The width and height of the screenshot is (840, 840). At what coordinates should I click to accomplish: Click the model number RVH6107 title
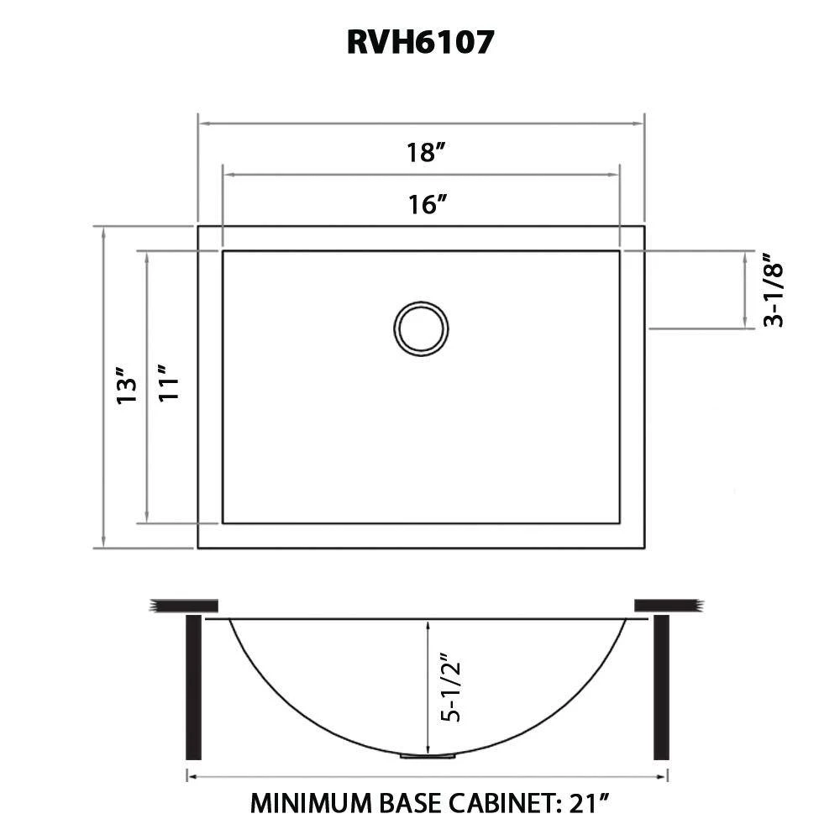coord(420,42)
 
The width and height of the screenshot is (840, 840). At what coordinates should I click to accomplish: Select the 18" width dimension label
coord(425,153)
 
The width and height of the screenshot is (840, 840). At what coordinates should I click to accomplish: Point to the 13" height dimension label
coord(126,387)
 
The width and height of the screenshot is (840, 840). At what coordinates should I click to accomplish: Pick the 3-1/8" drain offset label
coord(774,290)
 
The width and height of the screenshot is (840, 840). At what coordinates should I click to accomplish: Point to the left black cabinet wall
coord(192,686)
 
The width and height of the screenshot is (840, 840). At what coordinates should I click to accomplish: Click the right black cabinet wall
coord(661,686)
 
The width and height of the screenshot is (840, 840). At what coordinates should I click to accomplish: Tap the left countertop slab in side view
coord(183,606)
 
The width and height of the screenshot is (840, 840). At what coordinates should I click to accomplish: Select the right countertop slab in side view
coord(667,606)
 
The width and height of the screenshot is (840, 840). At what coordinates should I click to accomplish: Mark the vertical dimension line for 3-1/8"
coord(745,290)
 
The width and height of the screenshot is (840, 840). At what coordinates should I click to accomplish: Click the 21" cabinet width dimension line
coord(336,777)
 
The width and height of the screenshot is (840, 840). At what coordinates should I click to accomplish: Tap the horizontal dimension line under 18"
coord(336,123)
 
